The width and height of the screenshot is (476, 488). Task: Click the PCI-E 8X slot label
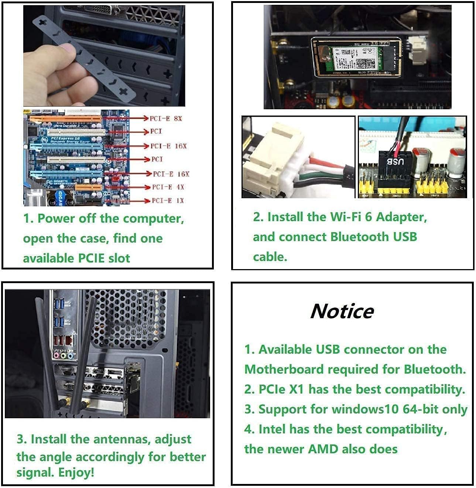[x=166, y=118]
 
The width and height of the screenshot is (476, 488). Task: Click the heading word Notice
[x=342, y=311]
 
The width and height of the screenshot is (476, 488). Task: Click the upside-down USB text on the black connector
[x=395, y=161]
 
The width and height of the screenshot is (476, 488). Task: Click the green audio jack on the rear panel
[x=63, y=356]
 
